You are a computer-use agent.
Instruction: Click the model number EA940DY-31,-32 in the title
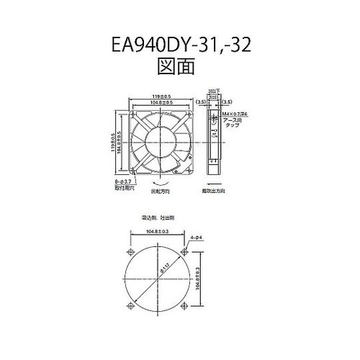click(180, 49)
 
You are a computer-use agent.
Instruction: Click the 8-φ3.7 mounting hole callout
click(123, 184)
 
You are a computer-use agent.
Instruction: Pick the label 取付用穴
click(124, 191)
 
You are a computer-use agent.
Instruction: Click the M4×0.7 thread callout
click(237, 114)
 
